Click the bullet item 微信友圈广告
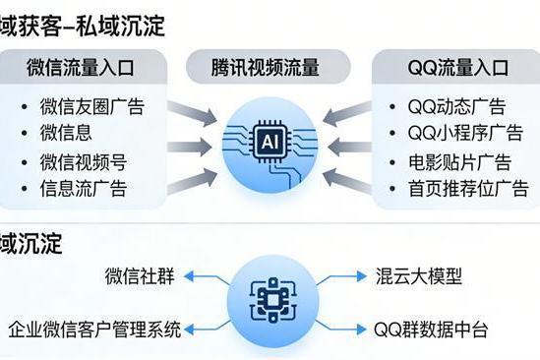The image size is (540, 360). click(x=90, y=105)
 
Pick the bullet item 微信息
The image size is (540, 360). click(x=66, y=132)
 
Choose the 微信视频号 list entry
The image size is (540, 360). click(x=83, y=161)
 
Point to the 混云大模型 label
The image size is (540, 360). click(x=417, y=275)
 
